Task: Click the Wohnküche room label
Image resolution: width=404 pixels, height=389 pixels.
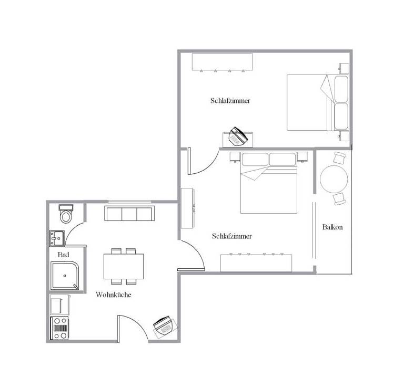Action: coord(114,295)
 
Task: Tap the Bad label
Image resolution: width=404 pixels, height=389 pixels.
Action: coord(63,255)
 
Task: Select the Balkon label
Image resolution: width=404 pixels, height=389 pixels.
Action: coord(332,227)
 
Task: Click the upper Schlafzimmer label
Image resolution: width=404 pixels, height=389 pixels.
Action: coord(230,100)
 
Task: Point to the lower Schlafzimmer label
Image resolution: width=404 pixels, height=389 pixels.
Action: coord(231,236)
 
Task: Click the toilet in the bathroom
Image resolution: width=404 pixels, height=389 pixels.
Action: coord(66,214)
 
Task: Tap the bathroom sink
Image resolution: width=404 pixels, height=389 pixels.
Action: coord(57,238)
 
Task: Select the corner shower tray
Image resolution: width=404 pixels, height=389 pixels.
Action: coord(65,276)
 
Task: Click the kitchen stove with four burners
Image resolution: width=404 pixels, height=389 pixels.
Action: coord(60,328)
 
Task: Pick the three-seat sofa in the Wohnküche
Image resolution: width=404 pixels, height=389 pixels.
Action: coord(129,213)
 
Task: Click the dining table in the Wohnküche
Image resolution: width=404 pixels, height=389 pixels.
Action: coord(124,266)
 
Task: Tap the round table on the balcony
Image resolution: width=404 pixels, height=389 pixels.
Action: coord(334,179)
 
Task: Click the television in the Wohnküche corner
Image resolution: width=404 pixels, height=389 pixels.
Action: coord(163,325)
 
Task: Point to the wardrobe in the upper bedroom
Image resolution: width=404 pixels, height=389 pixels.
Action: coord(222,61)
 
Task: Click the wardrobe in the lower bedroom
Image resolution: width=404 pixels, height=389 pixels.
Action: coord(256,263)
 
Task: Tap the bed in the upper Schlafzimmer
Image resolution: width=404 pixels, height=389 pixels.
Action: coord(318,102)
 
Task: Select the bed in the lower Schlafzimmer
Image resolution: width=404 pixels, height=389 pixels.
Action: coord(269,183)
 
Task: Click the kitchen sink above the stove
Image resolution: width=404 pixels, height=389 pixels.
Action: coord(59,304)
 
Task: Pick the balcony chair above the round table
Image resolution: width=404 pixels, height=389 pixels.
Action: coord(339,157)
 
